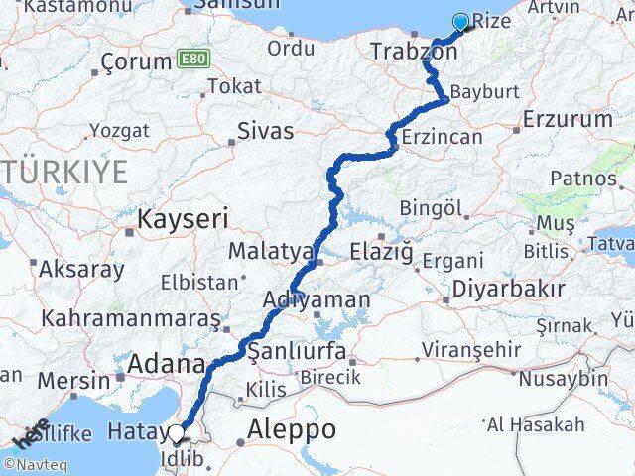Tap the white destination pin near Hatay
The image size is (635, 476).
(x=177, y=432)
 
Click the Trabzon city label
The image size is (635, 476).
(x=413, y=51)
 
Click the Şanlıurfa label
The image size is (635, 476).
(x=296, y=352)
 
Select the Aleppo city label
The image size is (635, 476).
(x=292, y=429)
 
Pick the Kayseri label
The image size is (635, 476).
(x=184, y=218)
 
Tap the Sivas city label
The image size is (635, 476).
(x=266, y=130)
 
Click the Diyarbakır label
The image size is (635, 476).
(x=507, y=289)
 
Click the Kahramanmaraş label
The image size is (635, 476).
(x=130, y=319)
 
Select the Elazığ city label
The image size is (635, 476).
(x=381, y=252)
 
